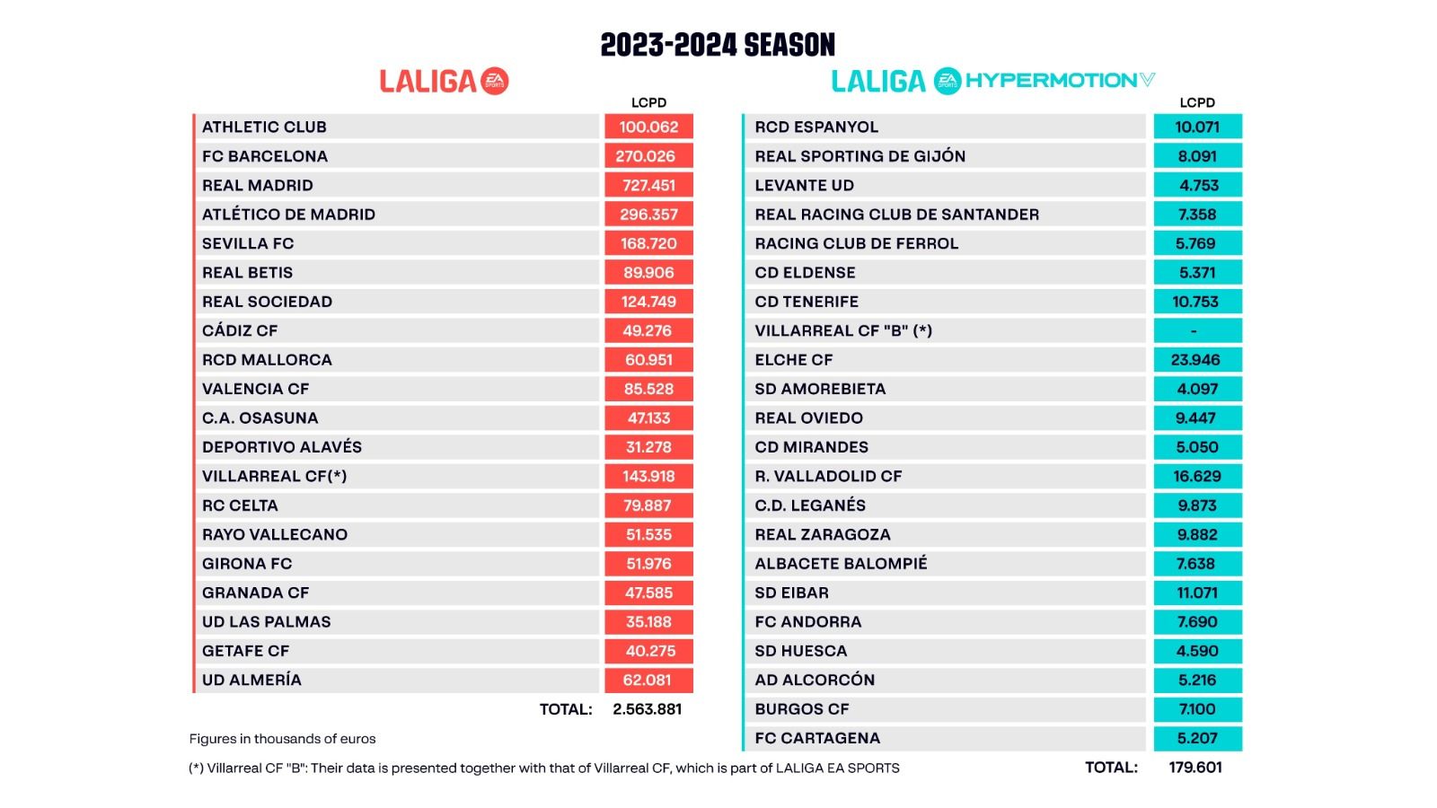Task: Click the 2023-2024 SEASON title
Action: click(x=718, y=45)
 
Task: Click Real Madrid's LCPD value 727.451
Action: click(x=648, y=186)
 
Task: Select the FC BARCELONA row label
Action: click(x=265, y=156)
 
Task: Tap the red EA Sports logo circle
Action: click(x=495, y=81)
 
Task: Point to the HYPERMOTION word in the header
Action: click(x=1051, y=81)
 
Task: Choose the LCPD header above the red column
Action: click(x=648, y=102)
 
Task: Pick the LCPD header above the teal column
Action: click(x=1197, y=102)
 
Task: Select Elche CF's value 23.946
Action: click(x=1196, y=360)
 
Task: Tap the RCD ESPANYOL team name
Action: click(x=816, y=127)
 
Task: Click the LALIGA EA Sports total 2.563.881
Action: click(x=647, y=709)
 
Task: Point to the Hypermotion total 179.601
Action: click(x=1195, y=768)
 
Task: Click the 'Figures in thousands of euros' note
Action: click(x=282, y=739)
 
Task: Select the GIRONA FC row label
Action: click(x=247, y=564)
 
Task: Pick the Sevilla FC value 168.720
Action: click(x=648, y=244)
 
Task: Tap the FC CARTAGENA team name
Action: click(x=817, y=738)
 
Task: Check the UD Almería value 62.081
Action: click(x=648, y=681)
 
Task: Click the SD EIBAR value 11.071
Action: click(x=1197, y=593)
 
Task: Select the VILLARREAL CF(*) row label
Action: click(x=274, y=477)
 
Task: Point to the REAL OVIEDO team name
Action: click(x=808, y=418)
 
